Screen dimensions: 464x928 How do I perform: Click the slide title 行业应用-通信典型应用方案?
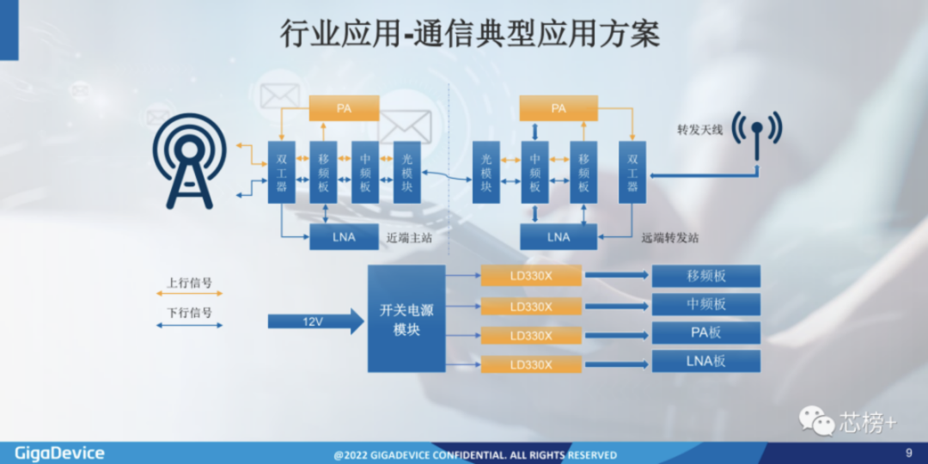coord(470,34)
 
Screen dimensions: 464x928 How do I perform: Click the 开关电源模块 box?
coord(406,319)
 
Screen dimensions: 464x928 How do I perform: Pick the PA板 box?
coord(705,333)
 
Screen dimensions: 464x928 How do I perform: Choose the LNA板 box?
coord(705,361)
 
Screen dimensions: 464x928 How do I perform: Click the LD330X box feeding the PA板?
coord(531,335)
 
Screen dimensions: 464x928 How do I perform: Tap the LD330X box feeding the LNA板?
coord(531,364)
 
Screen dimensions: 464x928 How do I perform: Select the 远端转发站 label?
coord(670,238)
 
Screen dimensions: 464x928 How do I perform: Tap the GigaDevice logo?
coord(59,453)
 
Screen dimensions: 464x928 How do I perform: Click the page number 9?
coord(909,453)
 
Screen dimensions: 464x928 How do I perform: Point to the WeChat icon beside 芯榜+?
coord(816,420)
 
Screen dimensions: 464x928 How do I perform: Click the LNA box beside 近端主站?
coord(344,236)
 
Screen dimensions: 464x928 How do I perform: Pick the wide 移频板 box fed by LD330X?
coord(705,276)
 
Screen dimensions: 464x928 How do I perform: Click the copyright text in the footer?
coord(474,455)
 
